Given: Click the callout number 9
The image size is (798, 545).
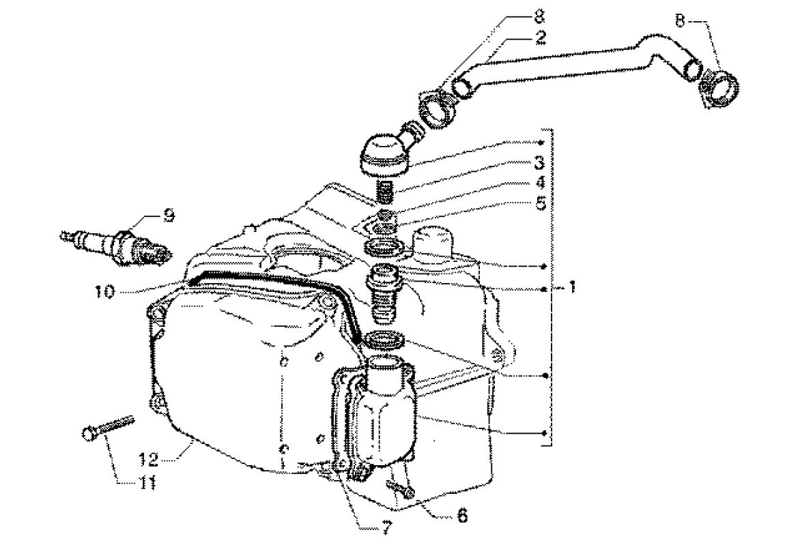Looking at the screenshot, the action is click(x=169, y=216).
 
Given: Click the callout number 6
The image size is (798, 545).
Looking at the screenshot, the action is click(x=462, y=516).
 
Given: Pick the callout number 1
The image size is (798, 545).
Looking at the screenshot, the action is click(x=571, y=289).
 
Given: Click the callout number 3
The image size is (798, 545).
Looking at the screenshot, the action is click(x=539, y=163).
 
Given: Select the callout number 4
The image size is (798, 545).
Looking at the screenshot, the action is click(x=539, y=183).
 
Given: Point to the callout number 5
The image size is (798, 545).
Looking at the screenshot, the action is click(x=539, y=203).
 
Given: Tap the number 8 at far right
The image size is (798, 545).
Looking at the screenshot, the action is click(x=680, y=20).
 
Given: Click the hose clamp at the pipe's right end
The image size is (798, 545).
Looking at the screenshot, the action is click(x=719, y=84).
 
